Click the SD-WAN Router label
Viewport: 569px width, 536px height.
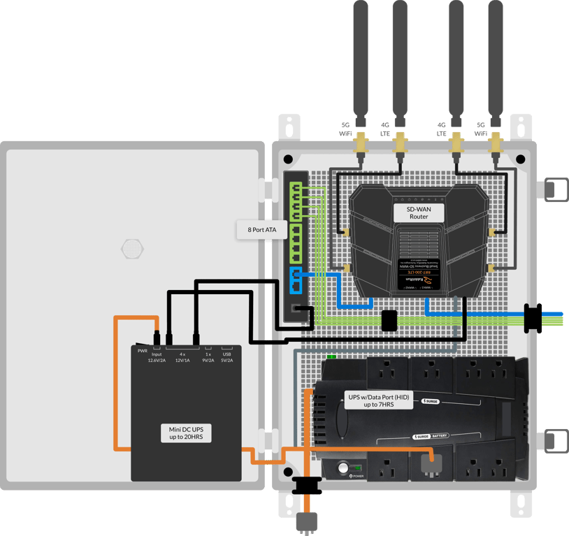pyautogui.click(x=419, y=212)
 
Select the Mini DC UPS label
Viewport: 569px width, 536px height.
pyautogui.click(x=185, y=433)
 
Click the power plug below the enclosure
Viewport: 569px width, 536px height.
pyautogui.click(x=308, y=521)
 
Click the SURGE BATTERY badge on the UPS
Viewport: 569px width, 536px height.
pyautogui.click(x=431, y=435)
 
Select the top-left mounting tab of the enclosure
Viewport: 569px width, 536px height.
pyautogui.click(x=289, y=126)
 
